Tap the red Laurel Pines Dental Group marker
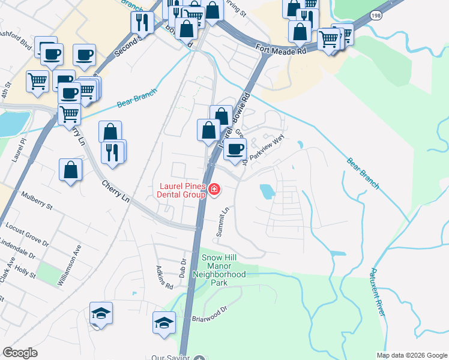(214, 191)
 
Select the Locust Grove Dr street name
(26, 234)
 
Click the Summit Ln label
(223, 222)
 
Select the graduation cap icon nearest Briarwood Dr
(164, 322)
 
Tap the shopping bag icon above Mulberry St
(71, 169)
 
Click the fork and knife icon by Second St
(142, 22)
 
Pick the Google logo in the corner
(20, 353)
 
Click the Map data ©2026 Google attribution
(412, 355)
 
